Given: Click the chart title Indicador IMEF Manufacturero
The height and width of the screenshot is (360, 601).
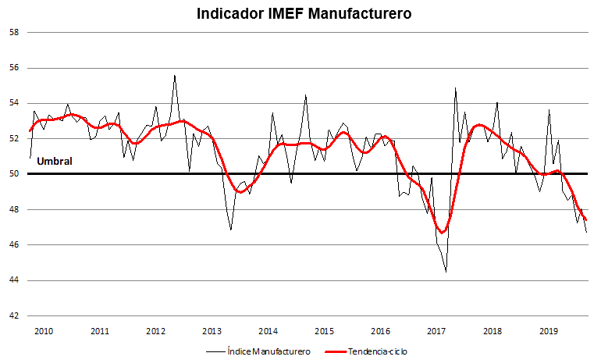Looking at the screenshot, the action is pos(304,13).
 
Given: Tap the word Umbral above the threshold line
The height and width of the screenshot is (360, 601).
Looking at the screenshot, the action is pos(55,161).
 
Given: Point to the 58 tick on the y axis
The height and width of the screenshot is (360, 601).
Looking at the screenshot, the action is pos(14,32).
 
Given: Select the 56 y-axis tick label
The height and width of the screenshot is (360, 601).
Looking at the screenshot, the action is pos(14,68).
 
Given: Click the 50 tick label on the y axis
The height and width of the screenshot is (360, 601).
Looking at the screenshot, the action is pos(14,174).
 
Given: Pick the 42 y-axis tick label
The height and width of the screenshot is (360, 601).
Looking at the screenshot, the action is pos(14,316).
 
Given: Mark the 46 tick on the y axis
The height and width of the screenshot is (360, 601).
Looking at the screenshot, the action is pos(14,245).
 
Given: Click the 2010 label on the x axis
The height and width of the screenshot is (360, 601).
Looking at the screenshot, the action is pos(44,331).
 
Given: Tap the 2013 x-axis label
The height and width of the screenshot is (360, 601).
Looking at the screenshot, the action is pos(212,331).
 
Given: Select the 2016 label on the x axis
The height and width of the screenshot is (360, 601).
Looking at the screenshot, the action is pos(381,331).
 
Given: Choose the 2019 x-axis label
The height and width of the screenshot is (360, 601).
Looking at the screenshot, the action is pos(549,331).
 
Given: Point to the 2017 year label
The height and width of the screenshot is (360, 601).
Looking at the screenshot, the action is pos(436,331).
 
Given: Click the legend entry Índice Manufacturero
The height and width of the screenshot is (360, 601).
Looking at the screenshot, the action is pos(258,351).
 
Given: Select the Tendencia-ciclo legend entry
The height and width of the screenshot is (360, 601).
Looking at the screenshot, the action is pos(366,351).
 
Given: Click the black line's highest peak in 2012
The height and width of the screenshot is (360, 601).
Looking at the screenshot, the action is pos(175,76).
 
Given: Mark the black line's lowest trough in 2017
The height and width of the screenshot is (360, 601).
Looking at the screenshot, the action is pos(446,272).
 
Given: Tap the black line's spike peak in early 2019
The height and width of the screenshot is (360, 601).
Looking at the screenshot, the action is pos(549,110).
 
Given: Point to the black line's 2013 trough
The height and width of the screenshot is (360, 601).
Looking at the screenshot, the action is pos(231,230).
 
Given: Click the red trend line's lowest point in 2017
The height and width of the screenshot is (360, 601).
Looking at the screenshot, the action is pos(442,233).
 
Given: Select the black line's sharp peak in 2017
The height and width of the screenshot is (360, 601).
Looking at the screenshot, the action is pos(455,88).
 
